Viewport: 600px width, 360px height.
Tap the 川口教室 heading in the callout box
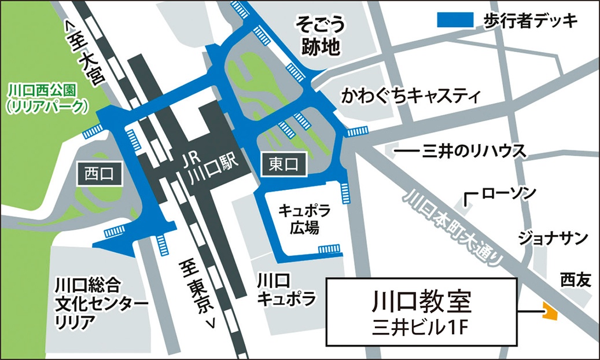[x=421, y=302]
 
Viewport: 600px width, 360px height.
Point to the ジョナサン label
[x=552, y=238]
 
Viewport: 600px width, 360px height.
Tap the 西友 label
[x=575, y=280]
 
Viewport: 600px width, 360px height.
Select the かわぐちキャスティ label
[x=411, y=95]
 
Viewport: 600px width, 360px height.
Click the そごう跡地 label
[x=321, y=36]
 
